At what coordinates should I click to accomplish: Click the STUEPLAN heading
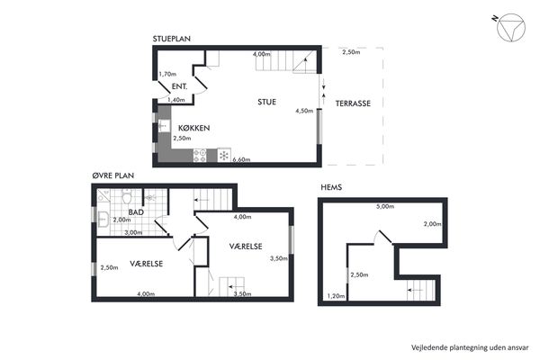[172, 39]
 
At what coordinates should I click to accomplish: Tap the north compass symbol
[511, 28]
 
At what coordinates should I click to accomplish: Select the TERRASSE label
[353, 103]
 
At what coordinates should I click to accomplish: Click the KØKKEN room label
[193, 128]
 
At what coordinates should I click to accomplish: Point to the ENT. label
[179, 86]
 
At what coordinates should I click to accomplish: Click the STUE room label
[267, 102]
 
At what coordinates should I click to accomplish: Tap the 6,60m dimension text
[241, 159]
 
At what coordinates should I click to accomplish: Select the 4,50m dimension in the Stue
[304, 111]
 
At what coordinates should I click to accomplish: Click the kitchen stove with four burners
[200, 155]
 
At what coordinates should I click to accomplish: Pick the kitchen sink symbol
[164, 126]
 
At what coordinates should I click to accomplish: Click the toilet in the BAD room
[127, 196]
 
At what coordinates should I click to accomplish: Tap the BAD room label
[136, 212]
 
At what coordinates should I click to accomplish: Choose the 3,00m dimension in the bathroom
[133, 232]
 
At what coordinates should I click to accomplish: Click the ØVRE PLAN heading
[113, 175]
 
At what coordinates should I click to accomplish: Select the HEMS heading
[331, 187]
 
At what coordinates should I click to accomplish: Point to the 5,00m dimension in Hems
[385, 206]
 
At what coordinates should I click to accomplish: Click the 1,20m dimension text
[336, 295]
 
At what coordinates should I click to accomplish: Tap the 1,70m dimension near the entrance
[167, 74]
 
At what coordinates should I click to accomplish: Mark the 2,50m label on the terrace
[351, 52]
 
